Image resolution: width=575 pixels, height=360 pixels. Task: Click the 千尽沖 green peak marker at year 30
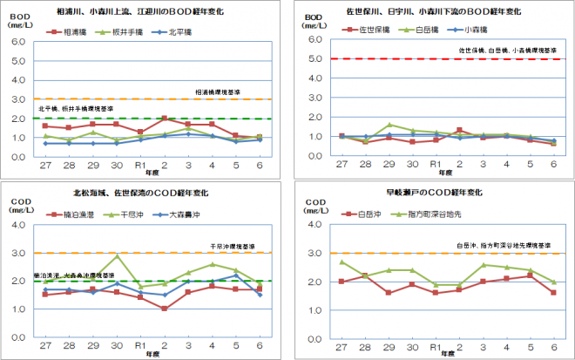117,255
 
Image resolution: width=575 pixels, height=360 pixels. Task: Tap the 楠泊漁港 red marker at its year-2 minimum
164,309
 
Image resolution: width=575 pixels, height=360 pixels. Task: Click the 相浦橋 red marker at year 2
164,119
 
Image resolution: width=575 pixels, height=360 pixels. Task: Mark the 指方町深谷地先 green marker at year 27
342,262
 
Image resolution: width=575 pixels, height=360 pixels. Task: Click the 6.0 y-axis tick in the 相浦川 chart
17,42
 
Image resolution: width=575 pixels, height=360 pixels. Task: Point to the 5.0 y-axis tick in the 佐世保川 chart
320,59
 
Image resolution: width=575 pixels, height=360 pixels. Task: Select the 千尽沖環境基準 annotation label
231,247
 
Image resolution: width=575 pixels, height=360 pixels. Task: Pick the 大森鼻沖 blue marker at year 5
235,275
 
